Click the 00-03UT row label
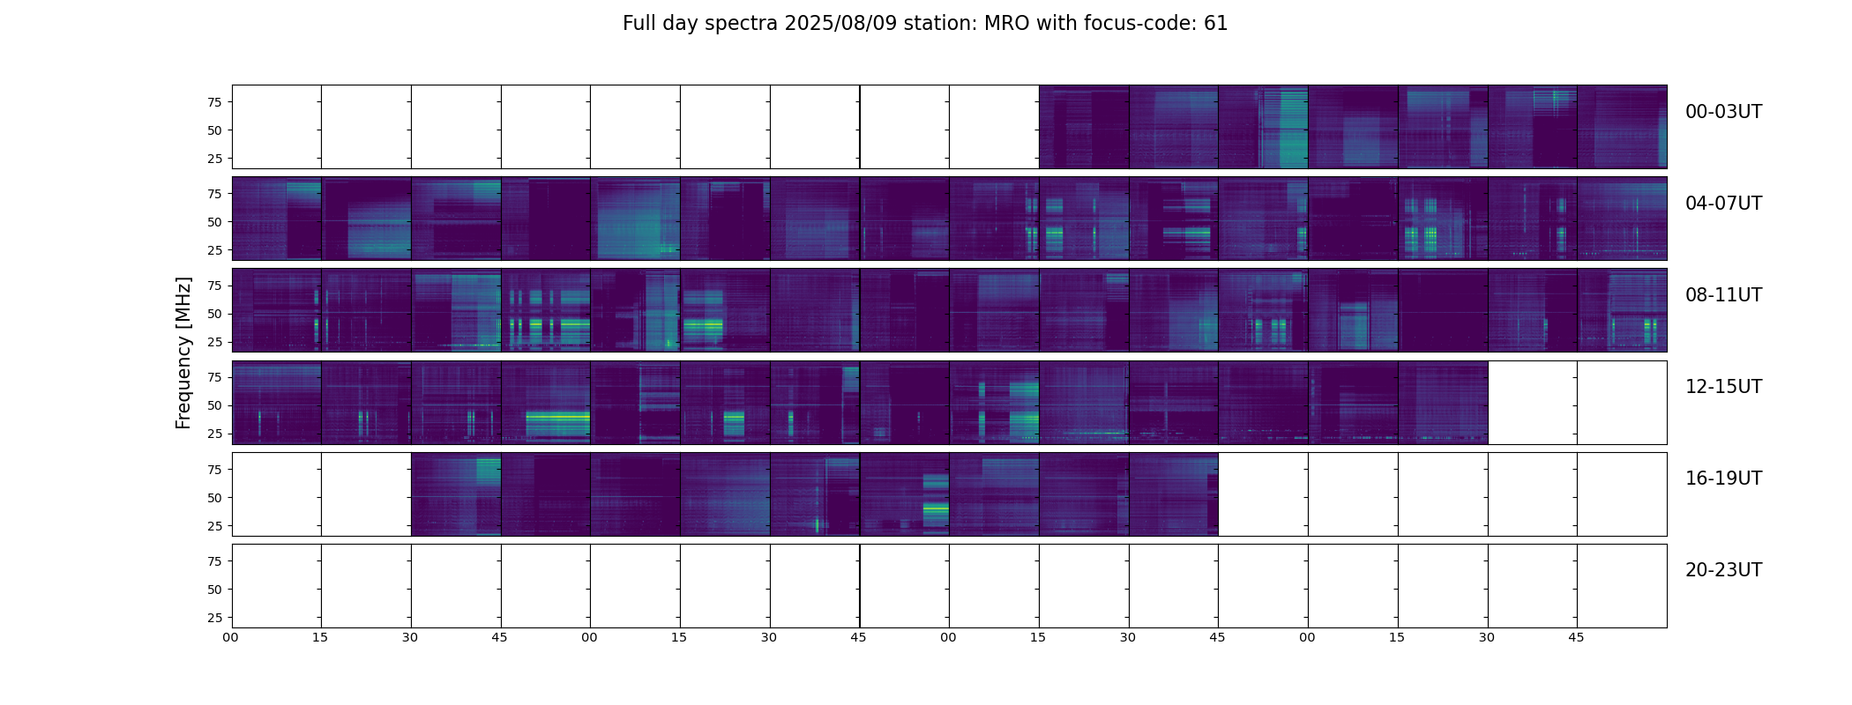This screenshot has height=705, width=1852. click(x=1723, y=112)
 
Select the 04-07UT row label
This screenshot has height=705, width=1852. click(x=1723, y=204)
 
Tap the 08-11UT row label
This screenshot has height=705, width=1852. click(x=1723, y=295)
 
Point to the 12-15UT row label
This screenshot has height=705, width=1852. click(x=1723, y=387)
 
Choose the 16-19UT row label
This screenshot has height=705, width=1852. click(x=1723, y=479)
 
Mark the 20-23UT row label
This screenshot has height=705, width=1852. click(x=1723, y=570)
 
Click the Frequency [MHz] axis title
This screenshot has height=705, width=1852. click(x=183, y=353)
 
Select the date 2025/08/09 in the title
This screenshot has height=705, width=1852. click(x=847, y=24)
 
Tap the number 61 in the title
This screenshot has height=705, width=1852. click(x=1216, y=24)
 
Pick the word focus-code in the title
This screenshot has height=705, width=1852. click(x=1139, y=24)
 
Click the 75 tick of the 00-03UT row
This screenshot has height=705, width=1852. click(x=215, y=102)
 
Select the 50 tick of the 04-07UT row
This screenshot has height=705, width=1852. click(x=215, y=222)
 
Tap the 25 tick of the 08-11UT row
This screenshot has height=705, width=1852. click(x=215, y=342)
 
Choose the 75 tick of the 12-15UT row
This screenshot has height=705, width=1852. click(x=215, y=377)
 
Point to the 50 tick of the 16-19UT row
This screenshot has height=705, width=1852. click(x=215, y=498)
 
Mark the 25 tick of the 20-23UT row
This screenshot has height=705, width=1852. click(x=215, y=618)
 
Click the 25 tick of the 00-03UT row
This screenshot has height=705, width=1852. click(x=215, y=159)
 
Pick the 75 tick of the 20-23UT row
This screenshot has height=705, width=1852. click(x=215, y=561)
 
